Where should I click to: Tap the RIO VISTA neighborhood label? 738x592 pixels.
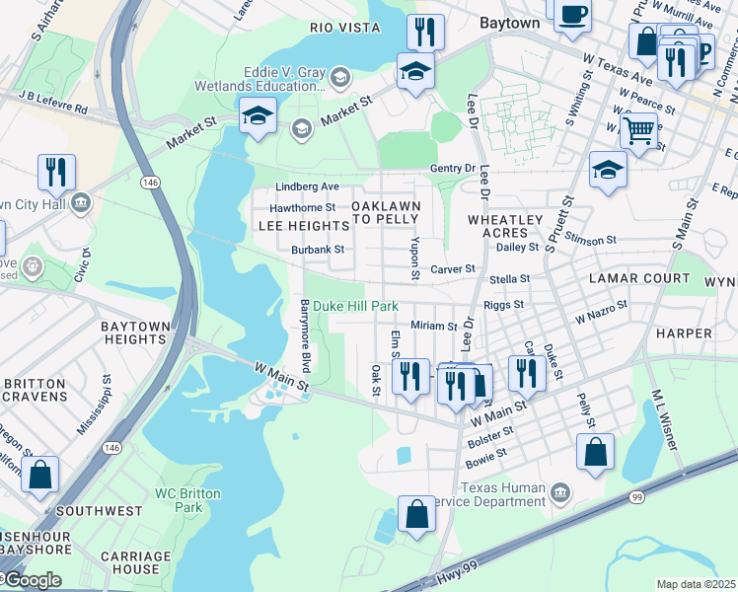(x=344, y=28)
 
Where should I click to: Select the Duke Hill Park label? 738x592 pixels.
(x=356, y=307)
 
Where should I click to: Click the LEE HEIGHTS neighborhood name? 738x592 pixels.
(x=303, y=226)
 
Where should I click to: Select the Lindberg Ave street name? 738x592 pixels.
(x=308, y=186)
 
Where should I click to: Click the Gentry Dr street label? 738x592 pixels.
(x=453, y=170)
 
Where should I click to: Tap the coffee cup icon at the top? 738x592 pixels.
(x=572, y=15)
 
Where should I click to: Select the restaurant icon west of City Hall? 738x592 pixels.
(x=56, y=172)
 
